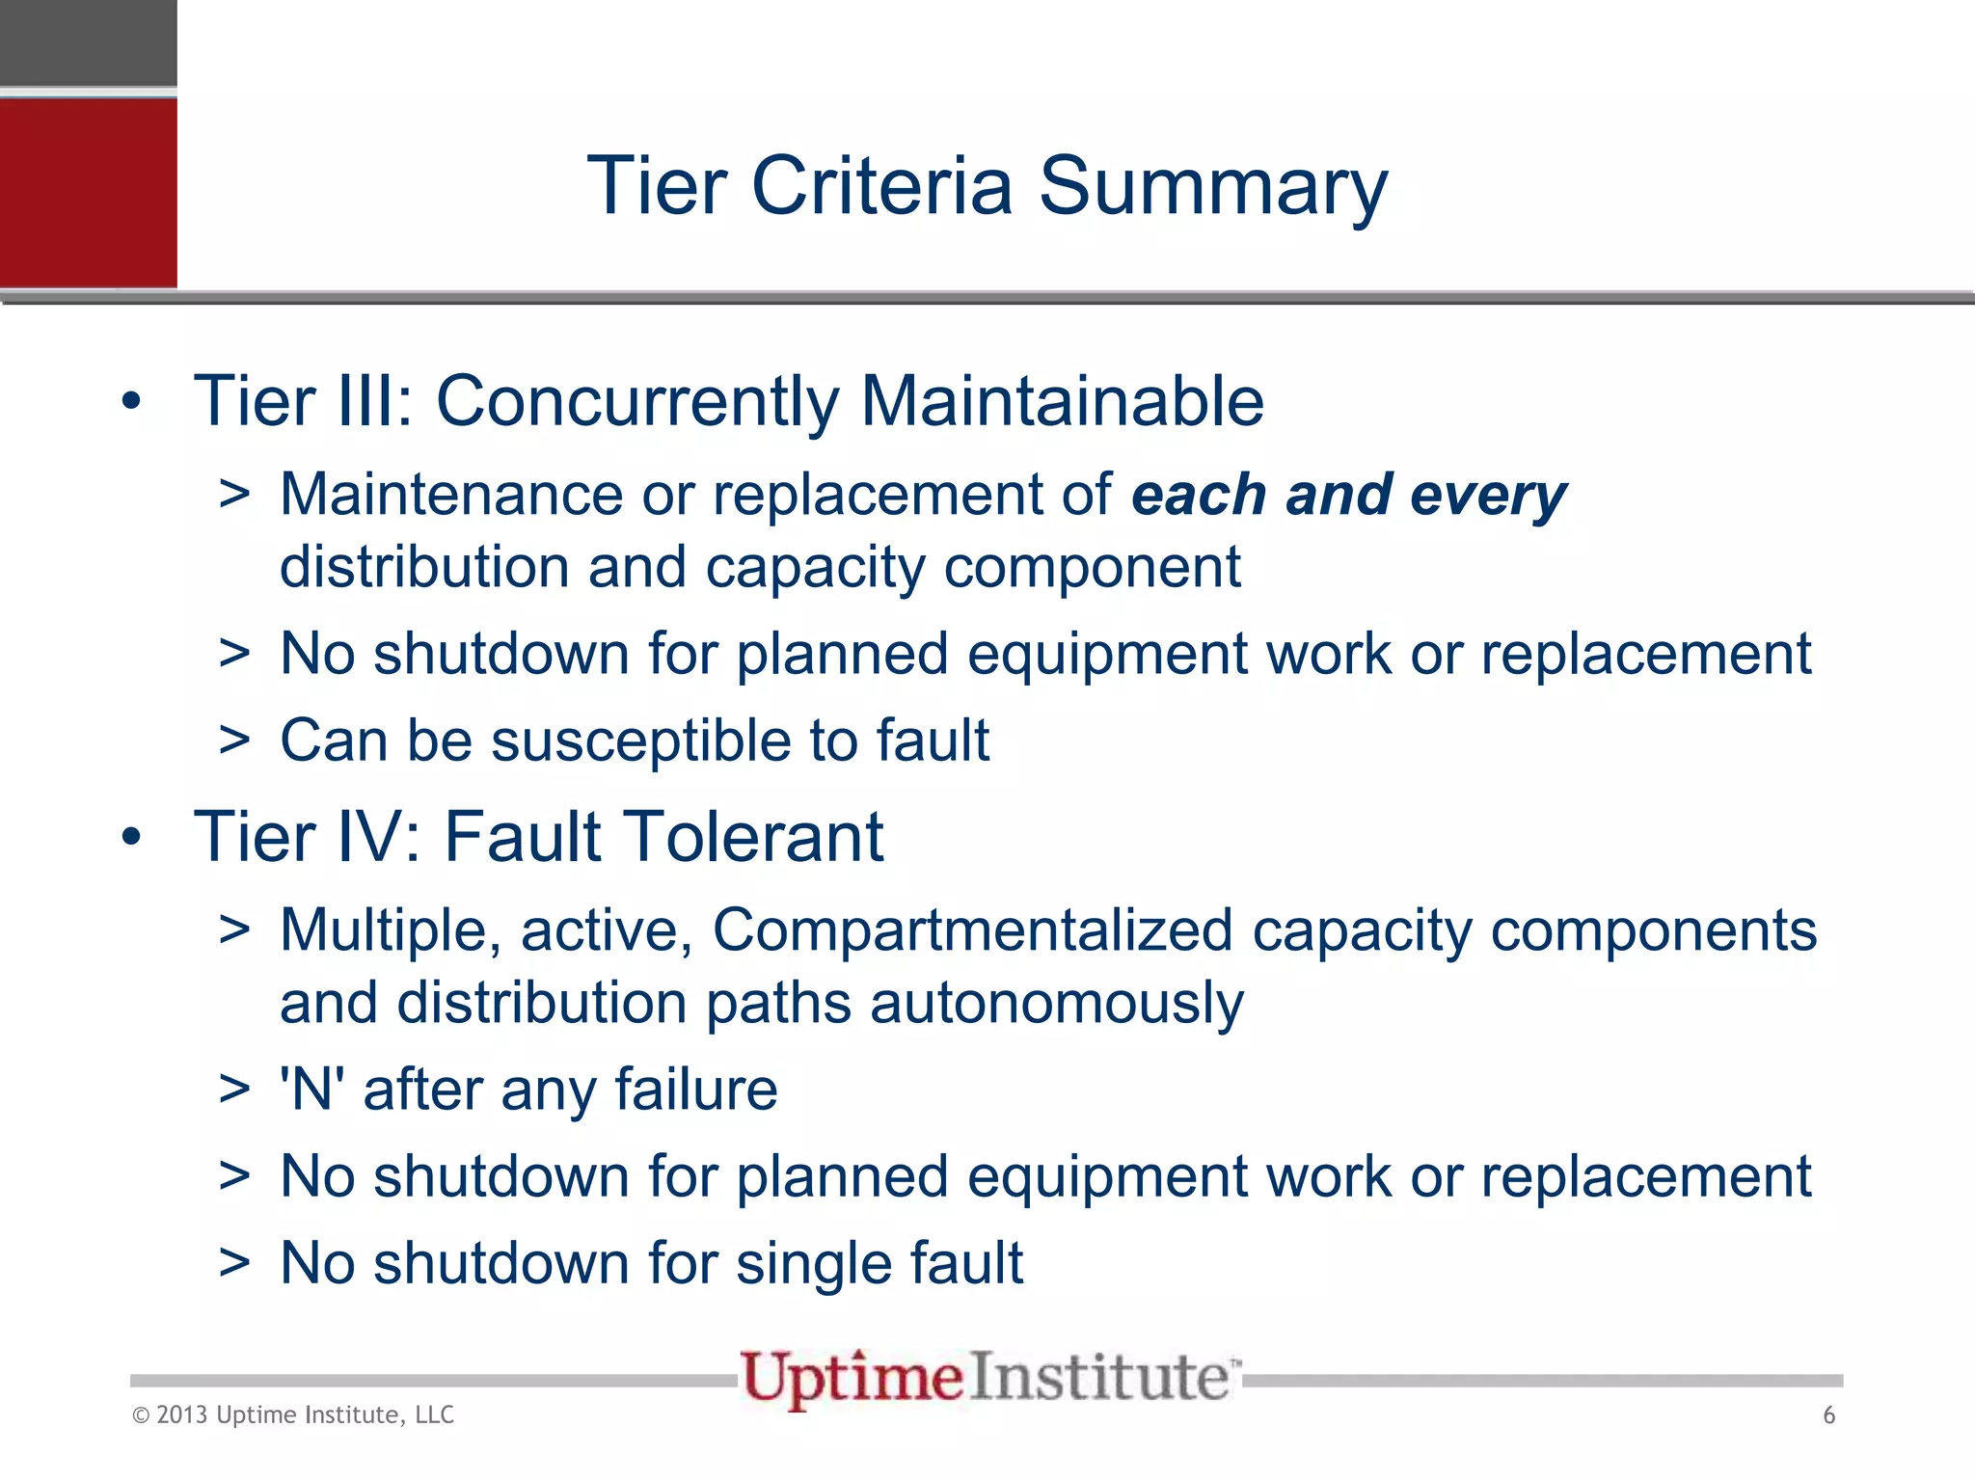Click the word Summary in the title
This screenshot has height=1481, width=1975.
click(x=1212, y=187)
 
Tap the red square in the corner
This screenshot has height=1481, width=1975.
click(x=88, y=192)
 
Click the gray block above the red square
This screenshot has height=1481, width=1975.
click(x=88, y=42)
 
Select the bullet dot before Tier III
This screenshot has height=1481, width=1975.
click(x=132, y=401)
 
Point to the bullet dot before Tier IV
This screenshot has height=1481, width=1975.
click(x=132, y=837)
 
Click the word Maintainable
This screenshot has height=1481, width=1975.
click(x=1062, y=401)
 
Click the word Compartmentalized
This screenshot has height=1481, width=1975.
click(x=972, y=930)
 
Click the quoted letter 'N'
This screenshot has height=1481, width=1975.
click(x=312, y=1090)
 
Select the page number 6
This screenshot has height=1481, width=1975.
click(x=1828, y=1415)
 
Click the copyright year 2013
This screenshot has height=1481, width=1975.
click(x=181, y=1415)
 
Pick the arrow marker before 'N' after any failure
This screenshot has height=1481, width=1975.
click(x=234, y=1091)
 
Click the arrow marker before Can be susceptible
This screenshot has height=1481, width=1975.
click(x=234, y=741)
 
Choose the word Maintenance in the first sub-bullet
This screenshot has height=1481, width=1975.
click(x=451, y=496)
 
